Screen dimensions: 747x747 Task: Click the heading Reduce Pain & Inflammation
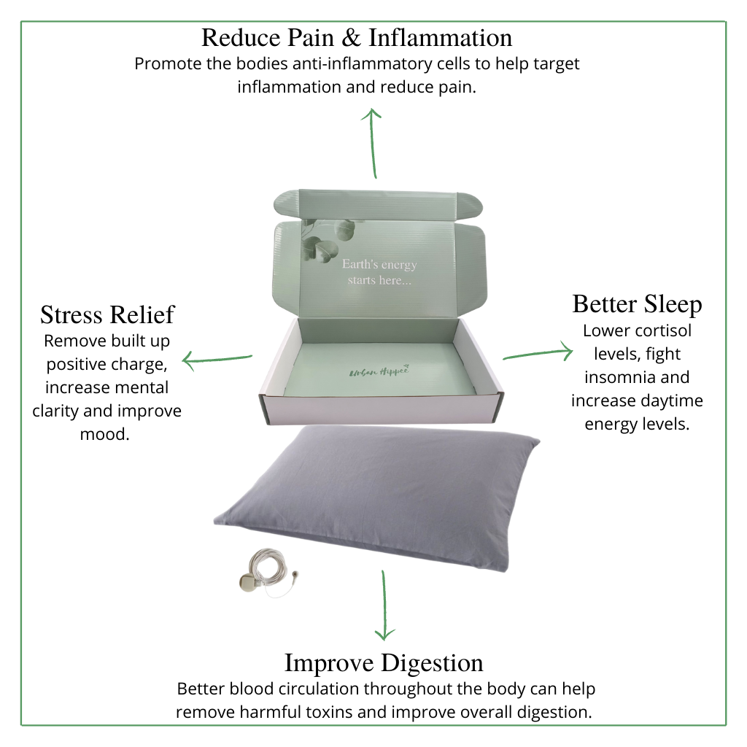click(357, 36)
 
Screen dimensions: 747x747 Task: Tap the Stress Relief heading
click(107, 314)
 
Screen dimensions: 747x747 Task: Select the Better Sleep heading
click(637, 303)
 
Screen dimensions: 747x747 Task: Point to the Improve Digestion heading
click(383, 662)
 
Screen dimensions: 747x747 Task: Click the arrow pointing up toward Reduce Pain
click(373, 143)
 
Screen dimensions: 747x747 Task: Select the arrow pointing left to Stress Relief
click(217, 359)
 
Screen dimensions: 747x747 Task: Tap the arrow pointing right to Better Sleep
click(538, 353)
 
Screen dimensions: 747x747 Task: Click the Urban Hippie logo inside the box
click(379, 371)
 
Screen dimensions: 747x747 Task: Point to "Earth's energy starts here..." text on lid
click(379, 272)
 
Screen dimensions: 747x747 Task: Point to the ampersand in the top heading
click(354, 36)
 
